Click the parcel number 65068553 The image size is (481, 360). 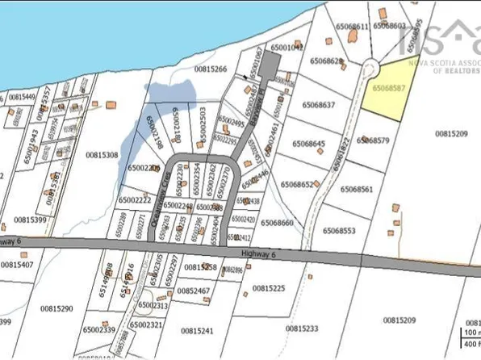point(340,231)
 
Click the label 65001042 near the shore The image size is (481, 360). point(287,48)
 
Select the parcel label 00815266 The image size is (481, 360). point(210,69)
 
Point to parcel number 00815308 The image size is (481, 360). point(102,154)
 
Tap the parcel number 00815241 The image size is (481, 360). point(197,330)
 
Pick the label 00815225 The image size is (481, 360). point(269,287)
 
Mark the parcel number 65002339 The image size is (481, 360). point(98,329)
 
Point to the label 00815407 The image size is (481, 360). point(18,264)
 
